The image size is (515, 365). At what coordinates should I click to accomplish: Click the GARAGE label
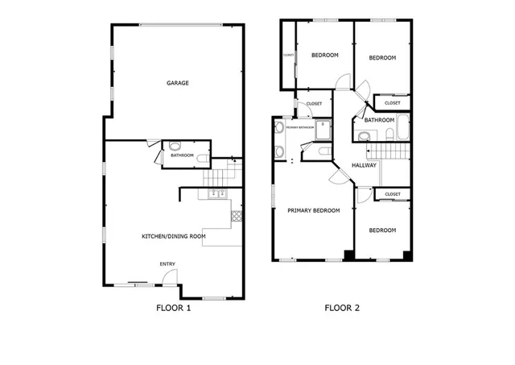click(178, 83)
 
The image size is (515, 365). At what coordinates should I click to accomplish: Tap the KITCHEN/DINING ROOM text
click(174, 236)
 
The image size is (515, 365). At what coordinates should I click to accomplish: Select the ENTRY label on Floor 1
click(167, 264)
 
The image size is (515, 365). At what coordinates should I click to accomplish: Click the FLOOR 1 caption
click(173, 307)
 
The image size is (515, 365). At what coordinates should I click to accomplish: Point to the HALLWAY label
click(365, 166)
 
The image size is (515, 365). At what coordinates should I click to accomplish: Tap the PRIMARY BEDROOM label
click(314, 210)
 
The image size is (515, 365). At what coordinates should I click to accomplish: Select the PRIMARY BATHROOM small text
click(299, 127)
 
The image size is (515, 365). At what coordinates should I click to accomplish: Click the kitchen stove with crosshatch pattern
click(236, 216)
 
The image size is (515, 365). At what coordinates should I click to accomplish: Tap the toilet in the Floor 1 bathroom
click(200, 159)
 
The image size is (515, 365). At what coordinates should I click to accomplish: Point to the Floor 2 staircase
click(387, 152)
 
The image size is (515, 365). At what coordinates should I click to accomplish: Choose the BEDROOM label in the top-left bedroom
click(325, 55)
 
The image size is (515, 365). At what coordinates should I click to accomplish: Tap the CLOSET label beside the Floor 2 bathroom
click(393, 103)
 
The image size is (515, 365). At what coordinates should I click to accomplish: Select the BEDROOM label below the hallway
click(382, 230)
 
